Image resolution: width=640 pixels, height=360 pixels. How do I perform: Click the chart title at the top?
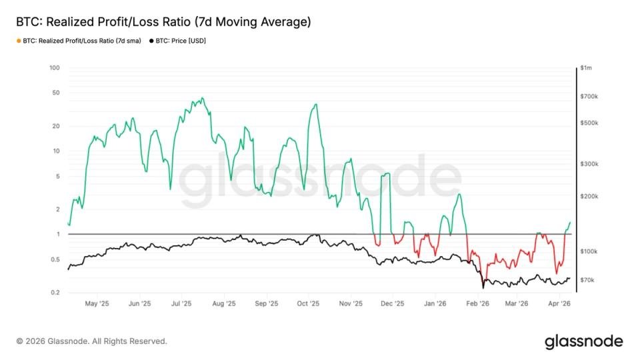coord(163,22)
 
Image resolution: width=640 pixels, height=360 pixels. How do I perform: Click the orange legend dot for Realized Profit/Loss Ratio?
coord(17,41)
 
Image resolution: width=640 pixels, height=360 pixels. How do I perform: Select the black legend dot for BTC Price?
coord(151,41)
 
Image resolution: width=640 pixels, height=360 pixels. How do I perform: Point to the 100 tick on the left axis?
coord(55,68)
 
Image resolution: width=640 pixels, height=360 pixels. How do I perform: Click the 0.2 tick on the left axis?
coord(56,293)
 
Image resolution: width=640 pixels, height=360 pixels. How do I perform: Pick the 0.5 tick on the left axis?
coord(56,259)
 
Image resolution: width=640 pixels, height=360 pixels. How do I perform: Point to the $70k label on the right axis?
coord(587,280)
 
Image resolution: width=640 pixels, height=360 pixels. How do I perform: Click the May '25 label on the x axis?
coord(97,303)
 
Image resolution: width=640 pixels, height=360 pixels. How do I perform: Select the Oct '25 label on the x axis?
coord(308,303)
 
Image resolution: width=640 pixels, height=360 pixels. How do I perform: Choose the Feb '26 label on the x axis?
coord(477,303)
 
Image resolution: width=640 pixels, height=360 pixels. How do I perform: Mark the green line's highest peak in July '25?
coord(202,98)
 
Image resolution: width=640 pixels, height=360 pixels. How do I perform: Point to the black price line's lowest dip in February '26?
coord(483,288)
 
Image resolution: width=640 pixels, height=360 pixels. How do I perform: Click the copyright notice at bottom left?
coord(91,341)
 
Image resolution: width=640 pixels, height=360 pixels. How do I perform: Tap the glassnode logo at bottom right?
coord(584,342)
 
